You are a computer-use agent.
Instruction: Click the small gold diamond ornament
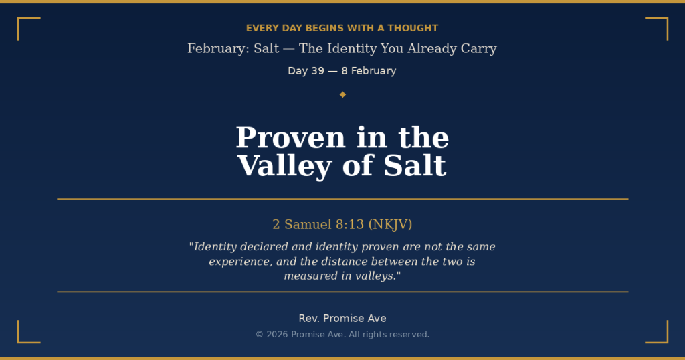coord(342,94)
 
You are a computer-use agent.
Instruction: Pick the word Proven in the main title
coord(290,138)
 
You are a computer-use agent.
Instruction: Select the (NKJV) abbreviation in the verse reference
coord(390,224)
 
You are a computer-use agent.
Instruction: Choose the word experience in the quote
coord(240,262)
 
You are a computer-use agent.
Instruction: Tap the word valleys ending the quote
coord(375,276)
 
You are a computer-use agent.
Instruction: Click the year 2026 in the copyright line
coord(277,335)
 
